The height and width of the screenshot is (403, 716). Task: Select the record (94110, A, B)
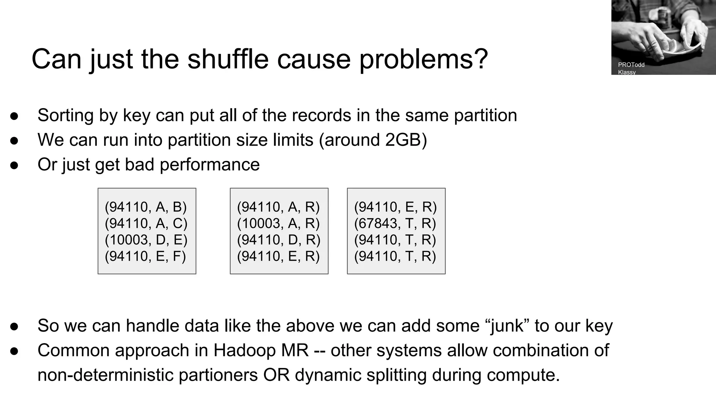click(x=146, y=207)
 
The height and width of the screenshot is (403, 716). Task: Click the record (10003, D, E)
click(x=146, y=240)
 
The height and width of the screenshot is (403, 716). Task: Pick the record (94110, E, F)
click(x=145, y=256)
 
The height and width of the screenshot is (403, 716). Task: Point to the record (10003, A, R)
click(x=278, y=224)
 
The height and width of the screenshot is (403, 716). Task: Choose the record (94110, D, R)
click(x=279, y=240)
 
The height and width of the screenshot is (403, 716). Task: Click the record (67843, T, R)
click(x=395, y=224)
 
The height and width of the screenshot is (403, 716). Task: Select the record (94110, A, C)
click(x=146, y=224)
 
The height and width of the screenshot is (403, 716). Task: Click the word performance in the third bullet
click(x=209, y=164)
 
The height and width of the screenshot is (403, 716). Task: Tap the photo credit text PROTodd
click(x=631, y=65)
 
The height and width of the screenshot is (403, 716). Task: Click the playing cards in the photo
click(x=682, y=47)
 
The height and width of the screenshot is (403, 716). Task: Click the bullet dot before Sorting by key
click(x=14, y=116)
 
